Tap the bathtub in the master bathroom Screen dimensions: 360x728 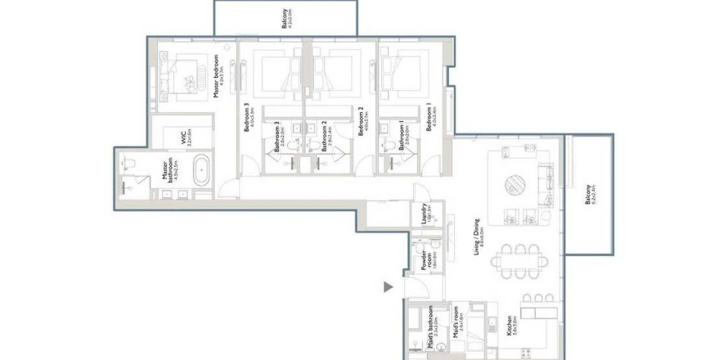(x=200, y=174)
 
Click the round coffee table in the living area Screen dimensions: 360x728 (x=518, y=183)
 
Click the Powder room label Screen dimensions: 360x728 (x=425, y=260)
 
